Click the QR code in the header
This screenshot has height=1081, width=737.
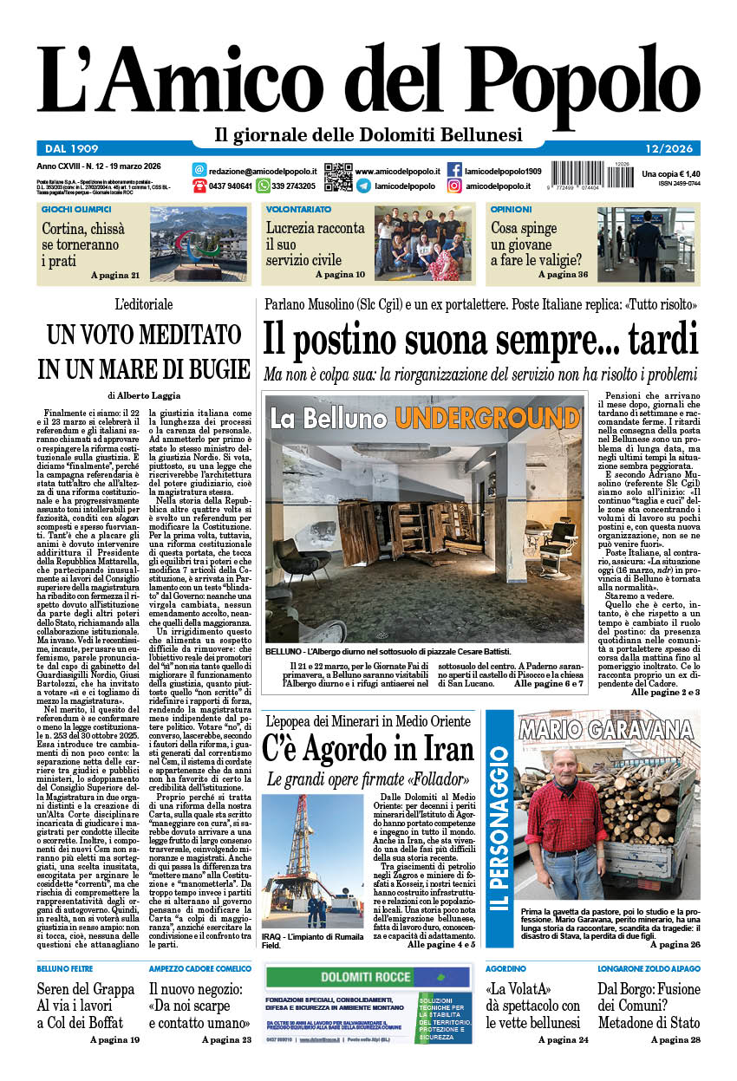(338, 177)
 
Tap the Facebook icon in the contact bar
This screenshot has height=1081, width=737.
(454, 170)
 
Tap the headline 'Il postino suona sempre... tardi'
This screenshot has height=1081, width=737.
(480, 338)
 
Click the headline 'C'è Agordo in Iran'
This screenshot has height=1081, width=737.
(368, 749)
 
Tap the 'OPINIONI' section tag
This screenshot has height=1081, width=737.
(512, 209)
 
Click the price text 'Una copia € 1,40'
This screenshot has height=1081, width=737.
(670, 174)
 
